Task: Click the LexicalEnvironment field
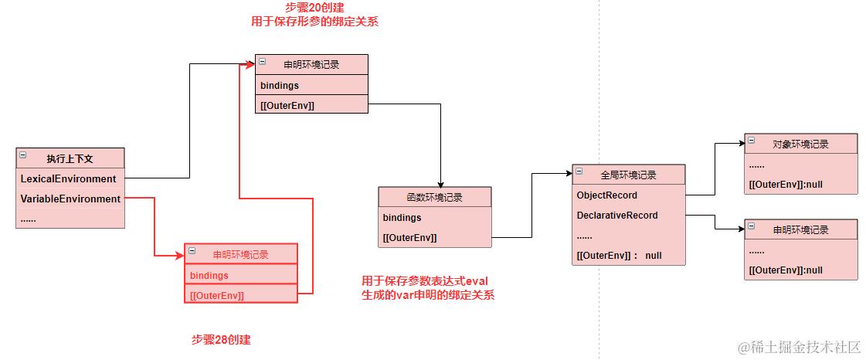[69, 178]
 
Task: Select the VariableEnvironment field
[70, 199]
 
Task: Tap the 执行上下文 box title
[70, 158]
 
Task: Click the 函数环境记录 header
[434, 197]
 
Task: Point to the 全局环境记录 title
[628, 175]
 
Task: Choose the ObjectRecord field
[607, 195]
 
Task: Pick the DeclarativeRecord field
[617, 216]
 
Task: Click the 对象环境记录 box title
[800, 144]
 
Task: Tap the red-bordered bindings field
[209, 275]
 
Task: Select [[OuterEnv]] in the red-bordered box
[217, 295]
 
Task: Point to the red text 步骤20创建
[314, 8]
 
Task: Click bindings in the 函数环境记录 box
[402, 218]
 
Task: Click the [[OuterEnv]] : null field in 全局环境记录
[620, 256]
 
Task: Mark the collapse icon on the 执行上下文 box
[23, 155]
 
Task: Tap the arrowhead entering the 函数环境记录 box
[440, 183]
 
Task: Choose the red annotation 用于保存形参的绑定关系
[314, 22]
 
